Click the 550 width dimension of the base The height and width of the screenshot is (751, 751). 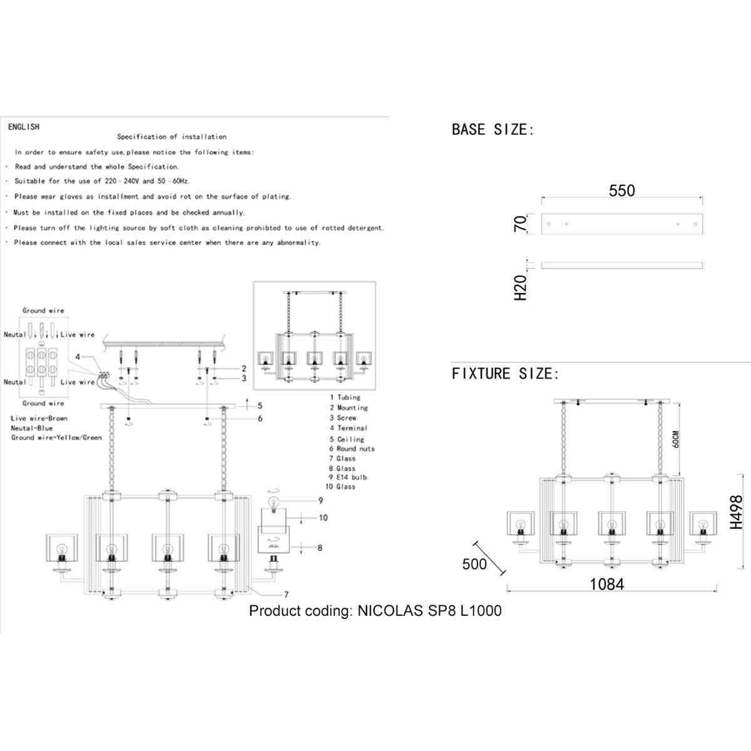621,190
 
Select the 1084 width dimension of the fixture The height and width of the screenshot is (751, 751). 606,585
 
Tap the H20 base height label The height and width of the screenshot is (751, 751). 521,286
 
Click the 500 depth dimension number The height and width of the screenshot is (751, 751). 474,564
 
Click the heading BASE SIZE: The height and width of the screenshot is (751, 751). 493,130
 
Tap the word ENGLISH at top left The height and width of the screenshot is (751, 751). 24,127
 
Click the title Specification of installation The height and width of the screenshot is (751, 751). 172,136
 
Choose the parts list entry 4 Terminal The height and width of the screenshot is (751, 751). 346,428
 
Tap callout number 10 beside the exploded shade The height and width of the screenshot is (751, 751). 323,518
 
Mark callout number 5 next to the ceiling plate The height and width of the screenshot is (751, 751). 259,406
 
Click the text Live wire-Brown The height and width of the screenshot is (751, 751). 39,418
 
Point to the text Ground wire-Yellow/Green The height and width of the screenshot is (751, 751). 56,438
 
